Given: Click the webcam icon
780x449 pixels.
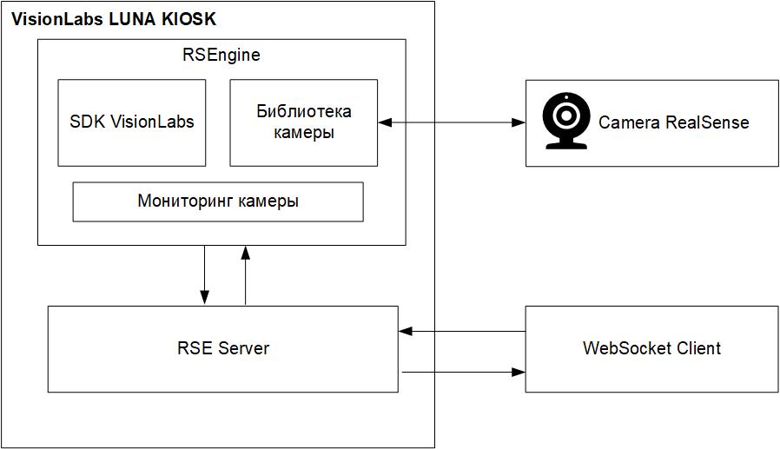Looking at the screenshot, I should pyautogui.click(x=565, y=122).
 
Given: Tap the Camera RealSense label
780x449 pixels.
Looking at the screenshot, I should pyautogui.click(x=673, y=122).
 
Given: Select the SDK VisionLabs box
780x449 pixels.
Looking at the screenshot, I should pyautogui.click(x=132, y=122).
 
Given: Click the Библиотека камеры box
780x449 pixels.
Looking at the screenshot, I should pyautogui.click(x=303, y=122).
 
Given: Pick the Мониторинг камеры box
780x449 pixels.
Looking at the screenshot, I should pyautogui.click(x=217, y=201).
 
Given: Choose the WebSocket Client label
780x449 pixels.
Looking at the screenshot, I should pyautogui.click(x=651, y=348).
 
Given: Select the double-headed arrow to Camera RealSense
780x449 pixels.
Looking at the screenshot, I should pyautogui.click(x=452, y=123).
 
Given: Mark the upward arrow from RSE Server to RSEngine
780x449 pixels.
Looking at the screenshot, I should pyautogui.click(x=246, y=274).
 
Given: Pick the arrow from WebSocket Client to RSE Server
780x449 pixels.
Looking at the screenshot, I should pyautogui.click(x=462, y=331).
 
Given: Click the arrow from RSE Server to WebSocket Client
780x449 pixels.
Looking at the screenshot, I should pyautogui.click(x=462, y=373).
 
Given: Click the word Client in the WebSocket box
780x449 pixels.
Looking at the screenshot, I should pyautogui.click(x=699, y=348).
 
